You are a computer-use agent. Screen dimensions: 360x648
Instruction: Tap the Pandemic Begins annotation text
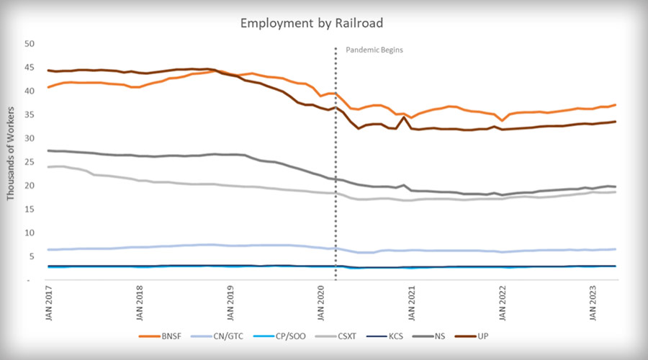[x=374, y=50]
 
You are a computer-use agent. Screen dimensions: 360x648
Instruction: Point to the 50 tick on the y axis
[x=30, y=44]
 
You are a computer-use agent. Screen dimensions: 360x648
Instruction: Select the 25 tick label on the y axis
[x=30, y=162]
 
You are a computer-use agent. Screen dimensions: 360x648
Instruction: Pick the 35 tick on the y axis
[x=30, y=114]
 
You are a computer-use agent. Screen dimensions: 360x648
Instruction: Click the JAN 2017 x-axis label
[x=50, y=304]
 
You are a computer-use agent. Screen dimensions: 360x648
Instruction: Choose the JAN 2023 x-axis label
[x=593, y=304]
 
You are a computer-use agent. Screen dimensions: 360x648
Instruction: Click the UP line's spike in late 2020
[x=402, y=117]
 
